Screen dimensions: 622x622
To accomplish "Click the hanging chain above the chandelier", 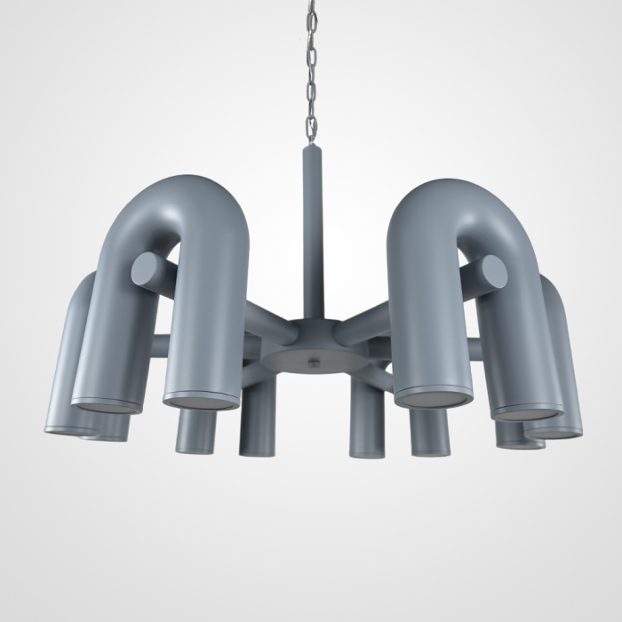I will pos(311,71).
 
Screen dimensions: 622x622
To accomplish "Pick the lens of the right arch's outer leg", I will pos(529,412).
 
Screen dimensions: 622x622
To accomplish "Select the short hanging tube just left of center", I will pos(256,427).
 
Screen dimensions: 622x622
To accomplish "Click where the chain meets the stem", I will pos(312,144).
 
